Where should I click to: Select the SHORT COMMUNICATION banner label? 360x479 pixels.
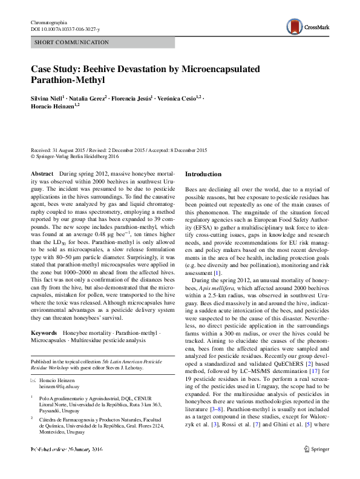(x=71, y=42)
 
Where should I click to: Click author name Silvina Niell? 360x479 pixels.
(x=48, y=97)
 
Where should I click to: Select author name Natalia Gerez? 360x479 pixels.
(x=90, y=97)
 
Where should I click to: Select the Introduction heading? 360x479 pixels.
(x=204, y=174)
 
